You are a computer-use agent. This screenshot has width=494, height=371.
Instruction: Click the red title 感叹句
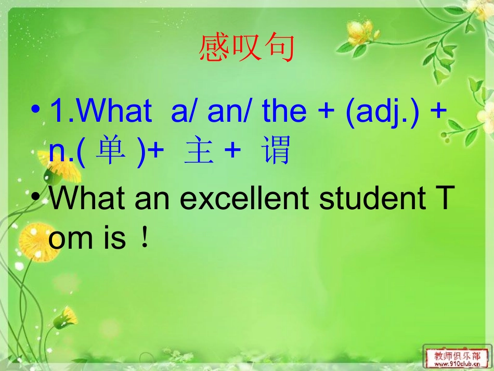click(246, 48)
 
